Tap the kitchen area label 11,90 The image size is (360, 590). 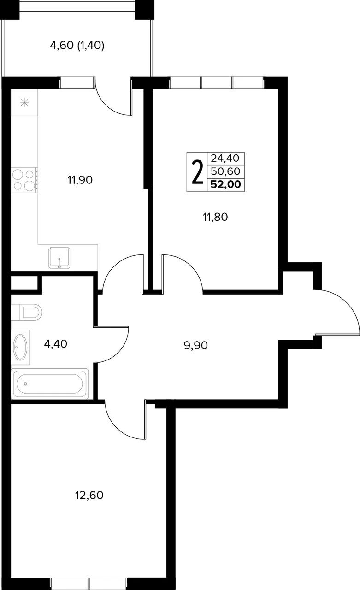pos(80,180)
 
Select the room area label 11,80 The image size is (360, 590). pos(215,217)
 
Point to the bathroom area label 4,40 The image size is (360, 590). pos(56,344)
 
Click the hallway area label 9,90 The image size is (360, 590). pos(195,345)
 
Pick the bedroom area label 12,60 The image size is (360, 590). pos(89,496)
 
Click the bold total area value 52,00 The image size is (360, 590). pos(226,184)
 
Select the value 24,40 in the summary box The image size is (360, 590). pos(225,158)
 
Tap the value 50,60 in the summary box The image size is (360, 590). pos(225,171)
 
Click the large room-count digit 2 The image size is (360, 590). pos(197,172)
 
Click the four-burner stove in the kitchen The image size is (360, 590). pos(24,180)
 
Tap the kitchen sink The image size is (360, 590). pos(59,258)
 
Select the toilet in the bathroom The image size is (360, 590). pos(27,313)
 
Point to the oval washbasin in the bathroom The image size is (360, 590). pos(20,347)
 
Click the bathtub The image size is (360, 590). pos(50,384)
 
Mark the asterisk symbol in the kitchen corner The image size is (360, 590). pos(24,102)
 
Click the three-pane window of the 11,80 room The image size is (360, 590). pos(217,83)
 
